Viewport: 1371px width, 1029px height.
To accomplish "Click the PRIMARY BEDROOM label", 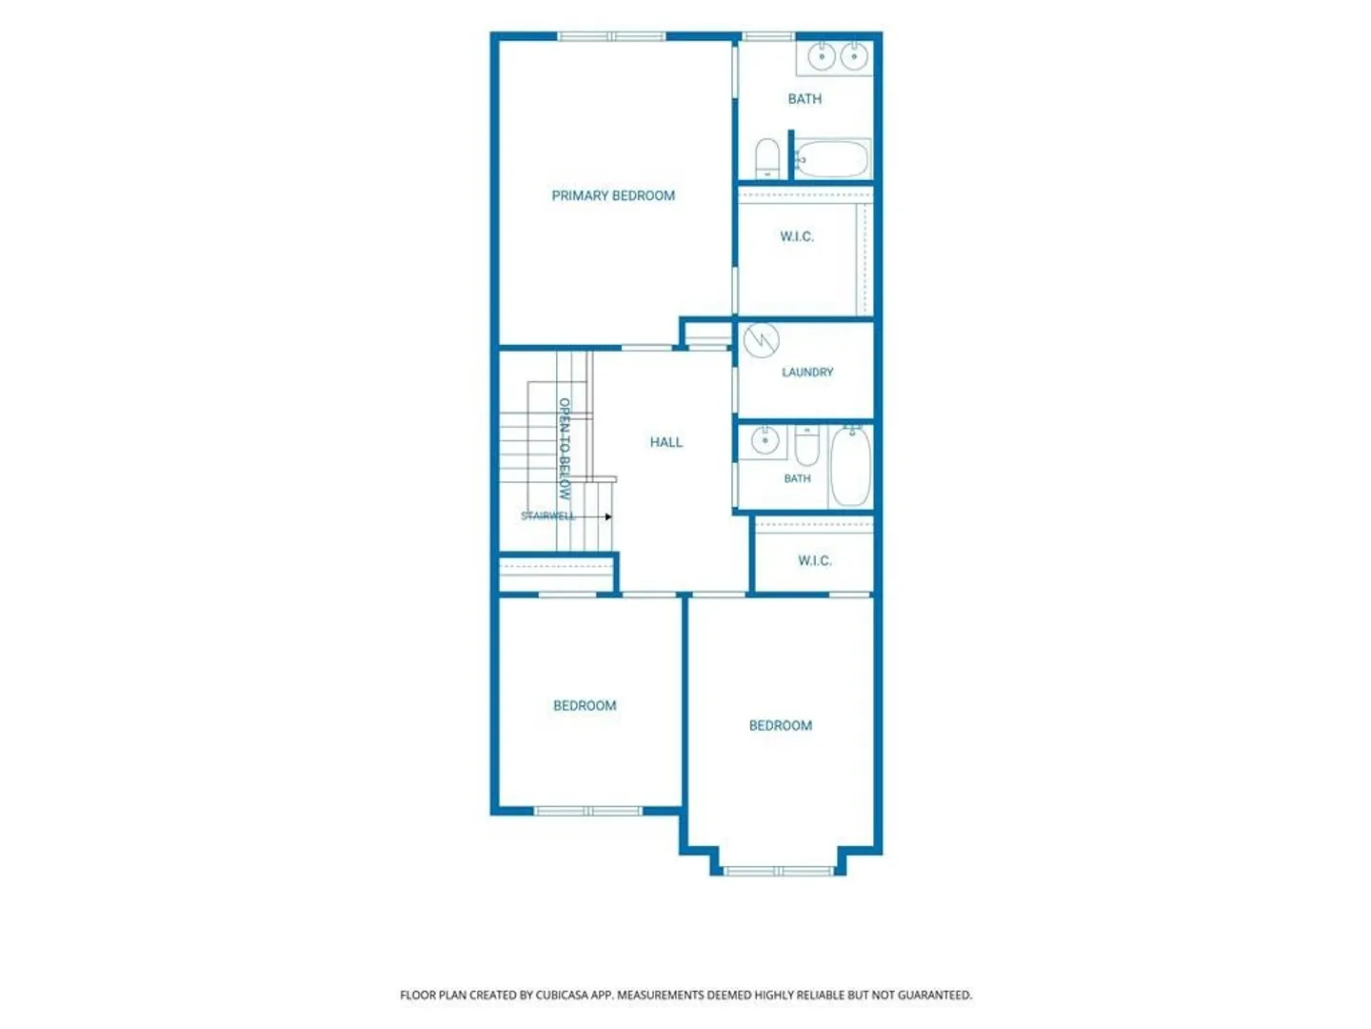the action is pyautogui.click(x=613, y=195).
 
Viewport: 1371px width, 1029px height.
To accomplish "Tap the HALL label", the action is pyautogui.click(x=666, y=442).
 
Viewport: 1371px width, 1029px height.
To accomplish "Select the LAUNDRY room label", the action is pyautogui.click(x=807, y=373).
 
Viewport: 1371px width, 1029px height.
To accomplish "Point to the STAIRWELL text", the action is pyautogui.click(x=547, y=516).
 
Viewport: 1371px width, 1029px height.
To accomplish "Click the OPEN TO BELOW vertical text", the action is pyautogui.click(x=564, y=449).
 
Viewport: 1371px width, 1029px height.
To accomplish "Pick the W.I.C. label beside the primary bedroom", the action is pyautogui.click(x=797, y=236).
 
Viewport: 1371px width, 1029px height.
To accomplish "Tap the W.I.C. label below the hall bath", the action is pyautogui.click(x=814, y=560).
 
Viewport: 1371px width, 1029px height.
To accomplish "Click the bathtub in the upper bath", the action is pyautogui.click(x=832, y=159).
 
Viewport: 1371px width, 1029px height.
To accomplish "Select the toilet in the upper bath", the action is pyautogui.click(x=767, y=159).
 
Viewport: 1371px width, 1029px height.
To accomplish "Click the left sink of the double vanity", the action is pyautogui.click(x=822, y=57).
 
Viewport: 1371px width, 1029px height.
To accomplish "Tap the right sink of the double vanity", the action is pyautogui.click(x=853, y=57).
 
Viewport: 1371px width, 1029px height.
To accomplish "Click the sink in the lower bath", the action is pyautogui.click(x=765, y=440).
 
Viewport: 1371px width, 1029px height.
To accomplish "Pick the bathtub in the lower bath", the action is pyautogui.click(x=851, y=466).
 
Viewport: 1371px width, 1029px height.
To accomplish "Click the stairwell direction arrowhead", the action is pyautogui.click(x=608, y=516).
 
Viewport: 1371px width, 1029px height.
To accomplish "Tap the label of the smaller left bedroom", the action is pyautogui.click(x=585, y=705).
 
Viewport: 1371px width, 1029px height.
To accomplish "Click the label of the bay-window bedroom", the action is pyautogui.click(x=780, y=725).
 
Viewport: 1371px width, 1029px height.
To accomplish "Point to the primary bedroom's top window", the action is pyautogui.click(x=611, y=37).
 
